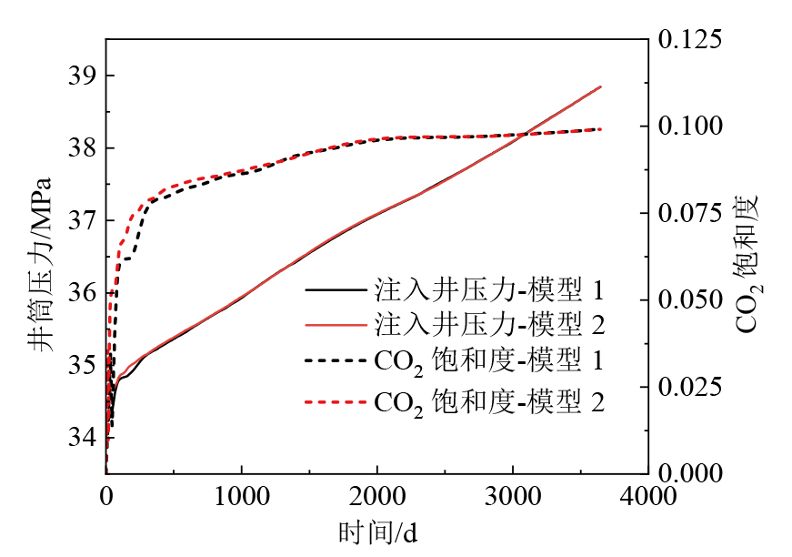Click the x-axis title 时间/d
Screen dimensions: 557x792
(x=377, y=531)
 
